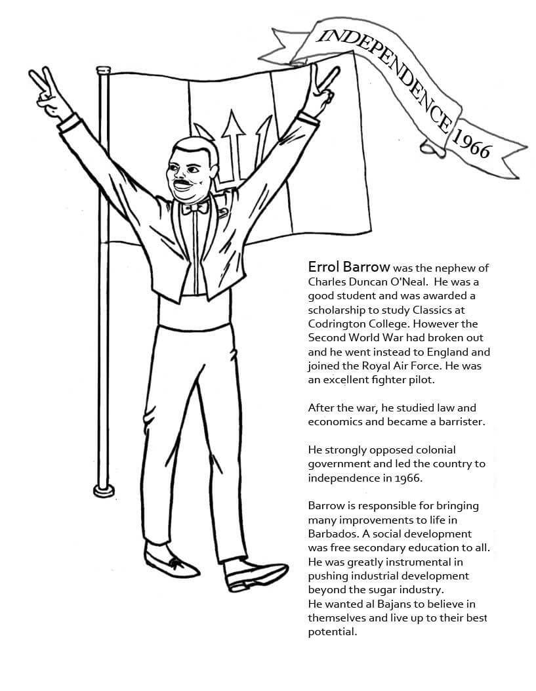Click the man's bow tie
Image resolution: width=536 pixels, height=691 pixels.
coord(196,208)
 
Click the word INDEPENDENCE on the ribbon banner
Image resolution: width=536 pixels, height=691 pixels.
coord(386,73)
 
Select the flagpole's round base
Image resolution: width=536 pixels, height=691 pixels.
coord(104,489)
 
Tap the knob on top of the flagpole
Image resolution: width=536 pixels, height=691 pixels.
coord(102,68)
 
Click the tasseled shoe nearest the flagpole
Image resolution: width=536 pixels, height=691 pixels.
coord(170,563)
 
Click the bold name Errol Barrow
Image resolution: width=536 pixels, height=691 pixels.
coord(349,268)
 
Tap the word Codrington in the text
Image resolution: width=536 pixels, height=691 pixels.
coord(336,324)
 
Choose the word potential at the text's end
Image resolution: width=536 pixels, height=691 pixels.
coord(332,633)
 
